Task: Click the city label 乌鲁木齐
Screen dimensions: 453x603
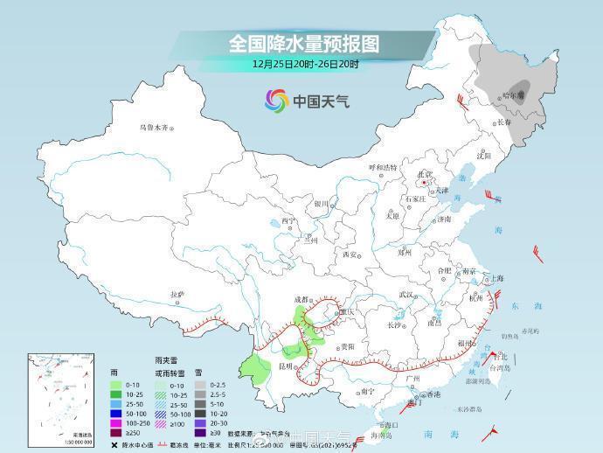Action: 153,128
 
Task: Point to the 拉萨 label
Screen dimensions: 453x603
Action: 177,295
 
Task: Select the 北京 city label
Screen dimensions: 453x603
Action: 425,174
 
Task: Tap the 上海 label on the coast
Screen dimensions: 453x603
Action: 497,278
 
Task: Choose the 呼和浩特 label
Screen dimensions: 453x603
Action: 383,166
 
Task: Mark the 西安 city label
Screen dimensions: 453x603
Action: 350,254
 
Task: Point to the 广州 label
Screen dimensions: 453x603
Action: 413,379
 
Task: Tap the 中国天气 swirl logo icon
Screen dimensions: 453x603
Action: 277,101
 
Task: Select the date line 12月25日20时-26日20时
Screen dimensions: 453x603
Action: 305,64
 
